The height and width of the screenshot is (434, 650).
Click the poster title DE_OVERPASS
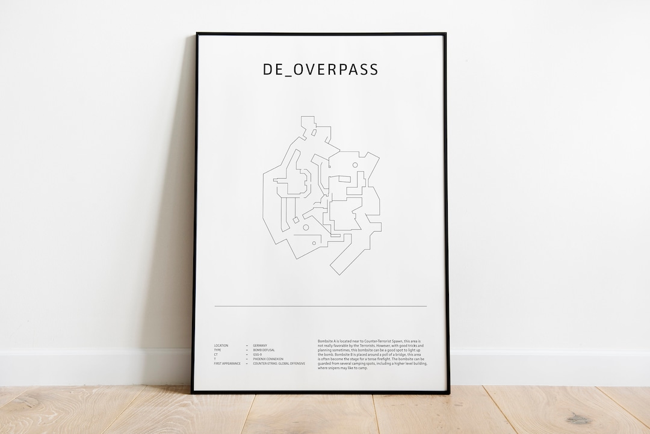[x=321, y=69]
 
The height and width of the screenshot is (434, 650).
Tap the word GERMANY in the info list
[x=261, y=346]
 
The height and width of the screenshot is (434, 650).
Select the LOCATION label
[x=221, y=346]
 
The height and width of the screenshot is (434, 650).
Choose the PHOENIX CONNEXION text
[x=268, y=359]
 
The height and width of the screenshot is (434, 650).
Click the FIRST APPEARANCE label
[x=227, y=364]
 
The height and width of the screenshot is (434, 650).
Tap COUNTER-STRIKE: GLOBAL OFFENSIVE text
[x=279, y=364]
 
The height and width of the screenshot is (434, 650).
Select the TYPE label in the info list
[x=217, y=350]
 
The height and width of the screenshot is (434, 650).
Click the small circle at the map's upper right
[x=355, y=165]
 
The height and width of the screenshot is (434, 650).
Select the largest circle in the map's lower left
[x=306, y=228]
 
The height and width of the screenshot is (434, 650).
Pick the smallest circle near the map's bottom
[x=314, y=243]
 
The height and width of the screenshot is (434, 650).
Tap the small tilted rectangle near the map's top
[x=314, y=131]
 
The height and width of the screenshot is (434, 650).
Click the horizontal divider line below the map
[x=320, y=306]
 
